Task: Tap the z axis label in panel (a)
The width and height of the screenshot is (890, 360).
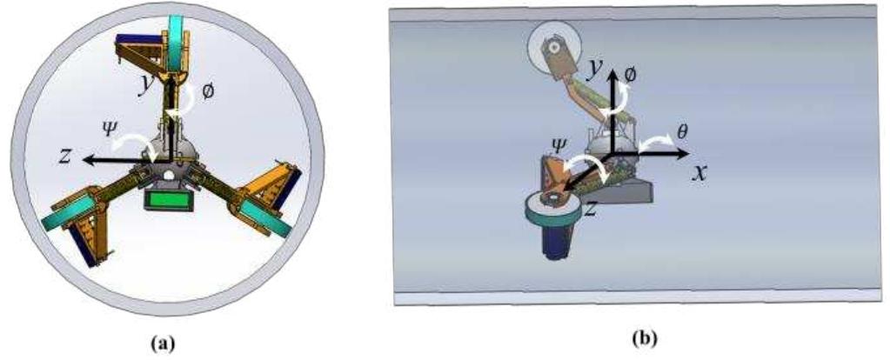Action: (x=64, y=157)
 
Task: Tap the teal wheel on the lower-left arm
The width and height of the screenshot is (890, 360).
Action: (x=77, y=213)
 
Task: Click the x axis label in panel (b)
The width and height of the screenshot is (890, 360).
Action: (x=698, y=172)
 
